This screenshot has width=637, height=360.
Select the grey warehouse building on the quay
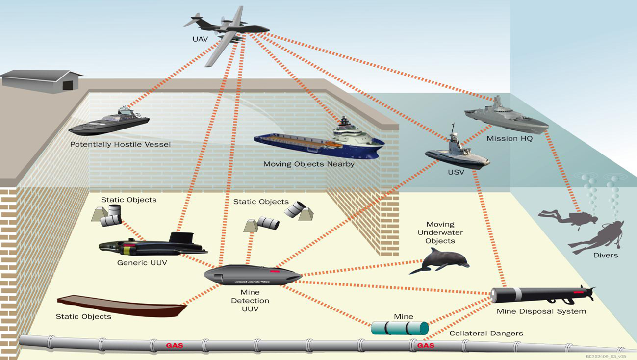tap(42, 81)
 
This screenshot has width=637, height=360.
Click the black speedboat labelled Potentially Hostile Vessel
tap(109, 123)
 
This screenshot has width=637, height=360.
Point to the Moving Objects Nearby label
tap(308, 164)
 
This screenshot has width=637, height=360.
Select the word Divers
tap(605, 255)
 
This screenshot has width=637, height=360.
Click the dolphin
tap(439, 260)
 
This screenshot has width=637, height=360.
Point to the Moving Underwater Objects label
tap(440, 232)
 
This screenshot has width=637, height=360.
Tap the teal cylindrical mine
tap(399, 328)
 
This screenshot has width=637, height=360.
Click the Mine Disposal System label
tap(541, 311)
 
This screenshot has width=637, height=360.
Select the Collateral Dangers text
tap(486, 334)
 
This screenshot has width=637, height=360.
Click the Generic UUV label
tap(142, 263)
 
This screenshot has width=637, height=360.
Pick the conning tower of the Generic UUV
tap(181, 239)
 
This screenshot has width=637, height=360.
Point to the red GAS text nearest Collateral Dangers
tap(425, 345)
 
